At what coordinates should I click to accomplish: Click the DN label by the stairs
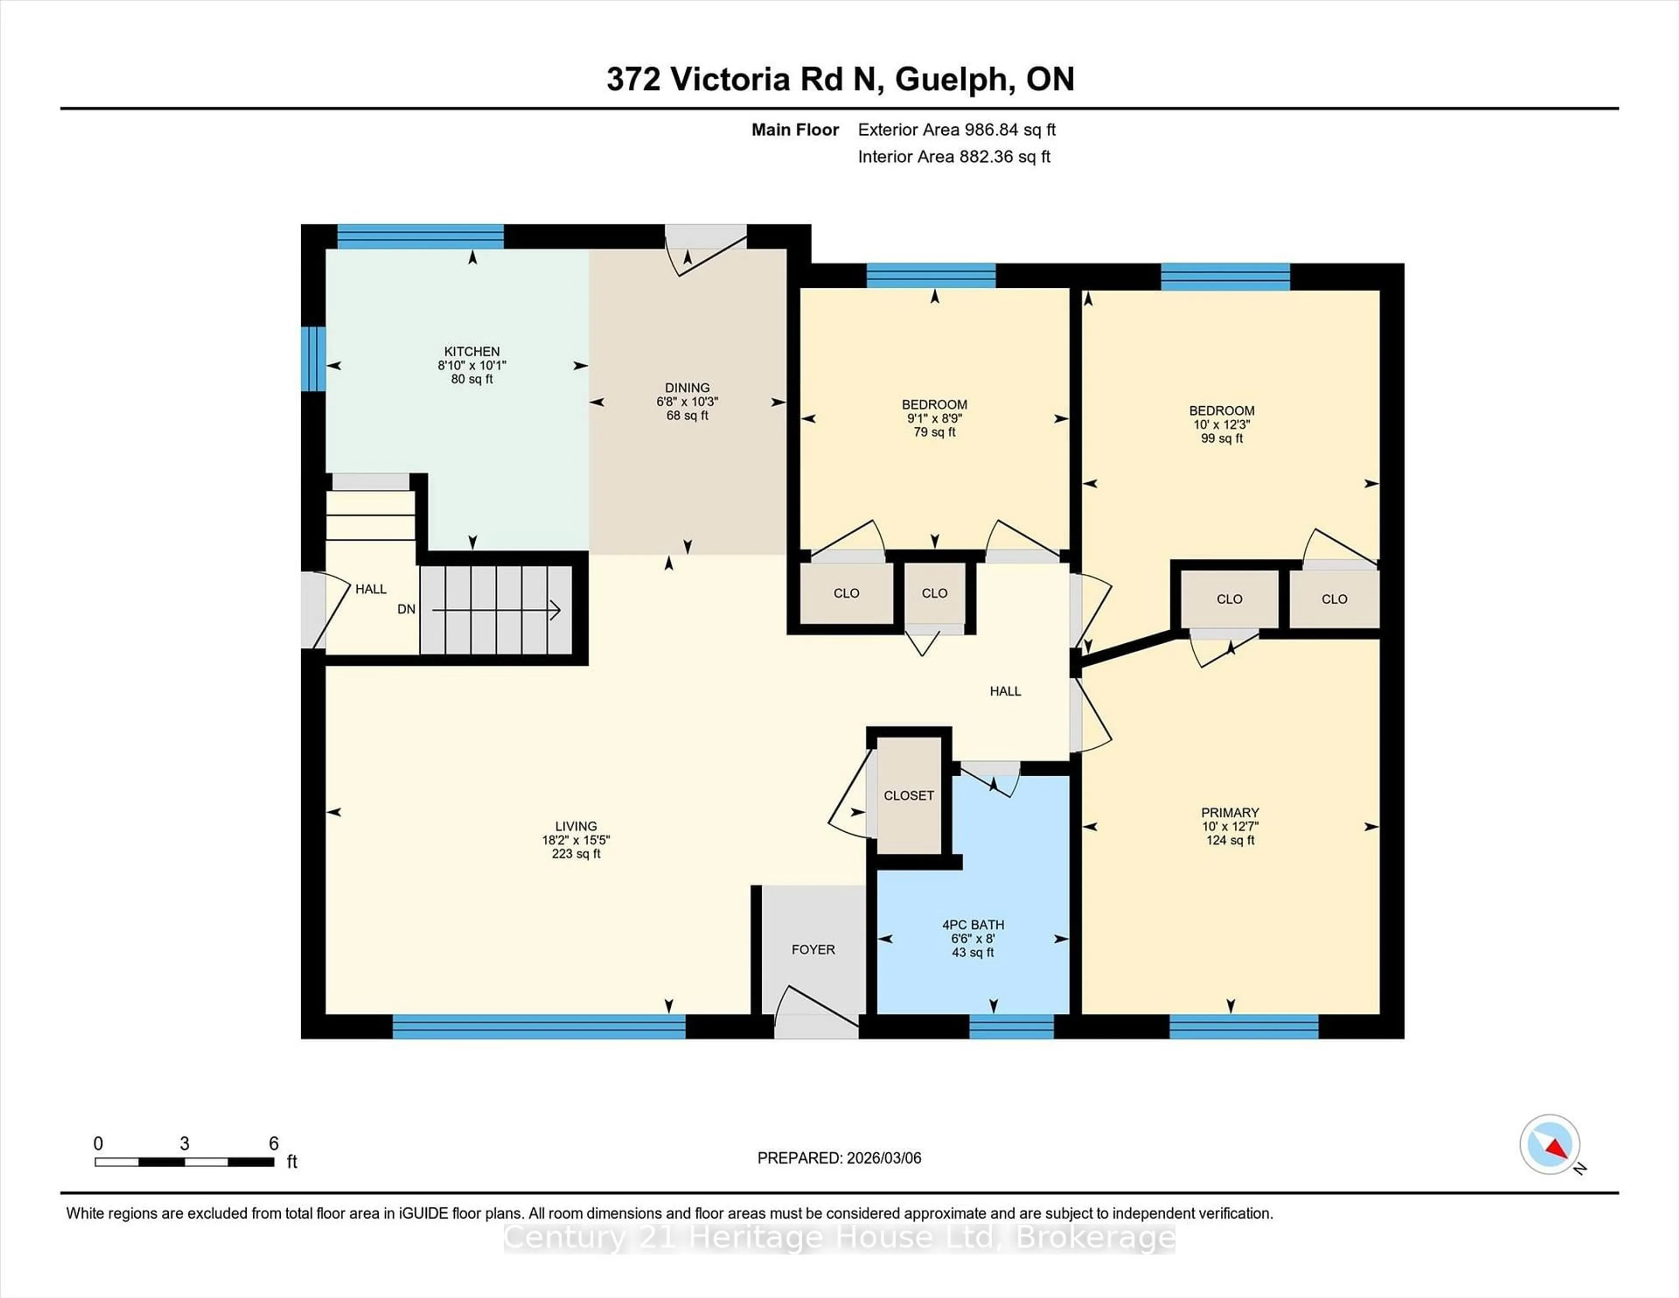(x=406, y=609)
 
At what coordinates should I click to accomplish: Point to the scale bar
(x=185, y=1162)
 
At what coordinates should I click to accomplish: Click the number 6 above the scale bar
(x=274, y=1144)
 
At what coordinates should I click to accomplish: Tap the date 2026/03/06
(x=882, y=1158)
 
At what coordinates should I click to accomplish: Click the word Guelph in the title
(x=951, y=79)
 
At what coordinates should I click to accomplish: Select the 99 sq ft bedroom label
(x=1222, y=438)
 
